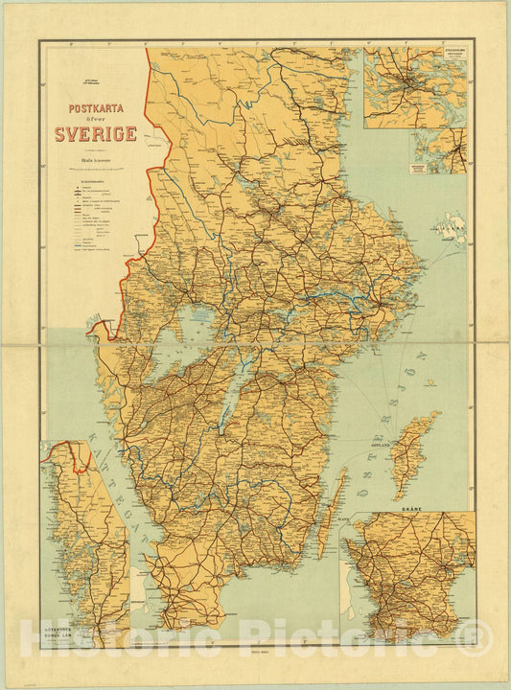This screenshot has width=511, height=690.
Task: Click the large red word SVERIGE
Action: tap(96, 134)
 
